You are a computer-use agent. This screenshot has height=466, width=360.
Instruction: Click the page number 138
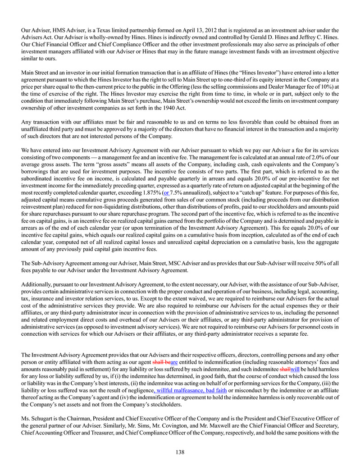(180, 452)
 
